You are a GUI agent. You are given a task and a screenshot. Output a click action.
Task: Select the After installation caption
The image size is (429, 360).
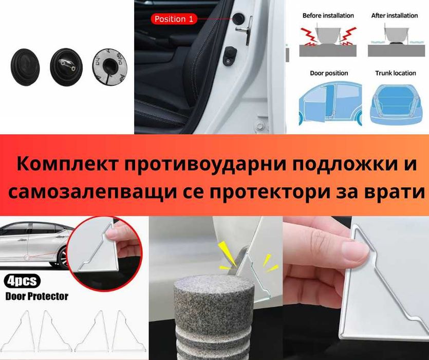pyautogui.click(x=394, y=15)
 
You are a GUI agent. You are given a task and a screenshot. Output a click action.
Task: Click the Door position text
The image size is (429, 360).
pyautogui.click(x=329, y=73)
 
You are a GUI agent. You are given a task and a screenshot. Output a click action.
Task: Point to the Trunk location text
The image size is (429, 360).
pyautogui.click(x=395, y=73)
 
